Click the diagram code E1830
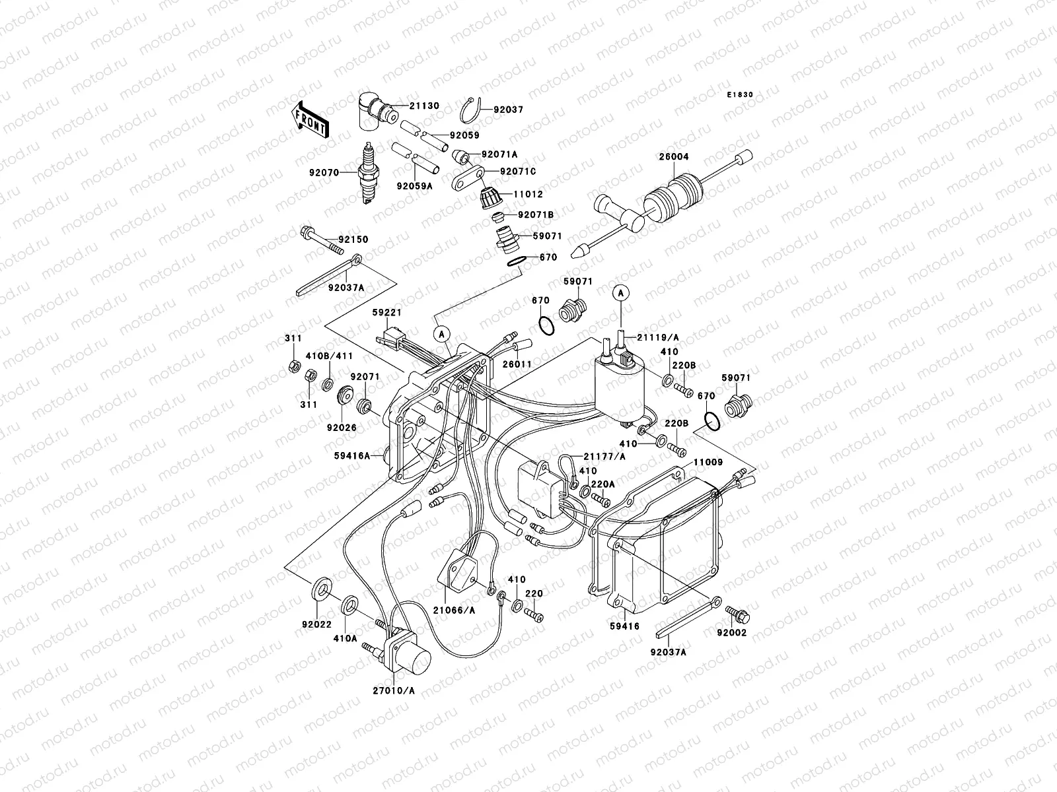(x=740, y=95)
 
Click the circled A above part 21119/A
(x=620, y=292)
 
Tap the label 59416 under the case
(x=625, y=626)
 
